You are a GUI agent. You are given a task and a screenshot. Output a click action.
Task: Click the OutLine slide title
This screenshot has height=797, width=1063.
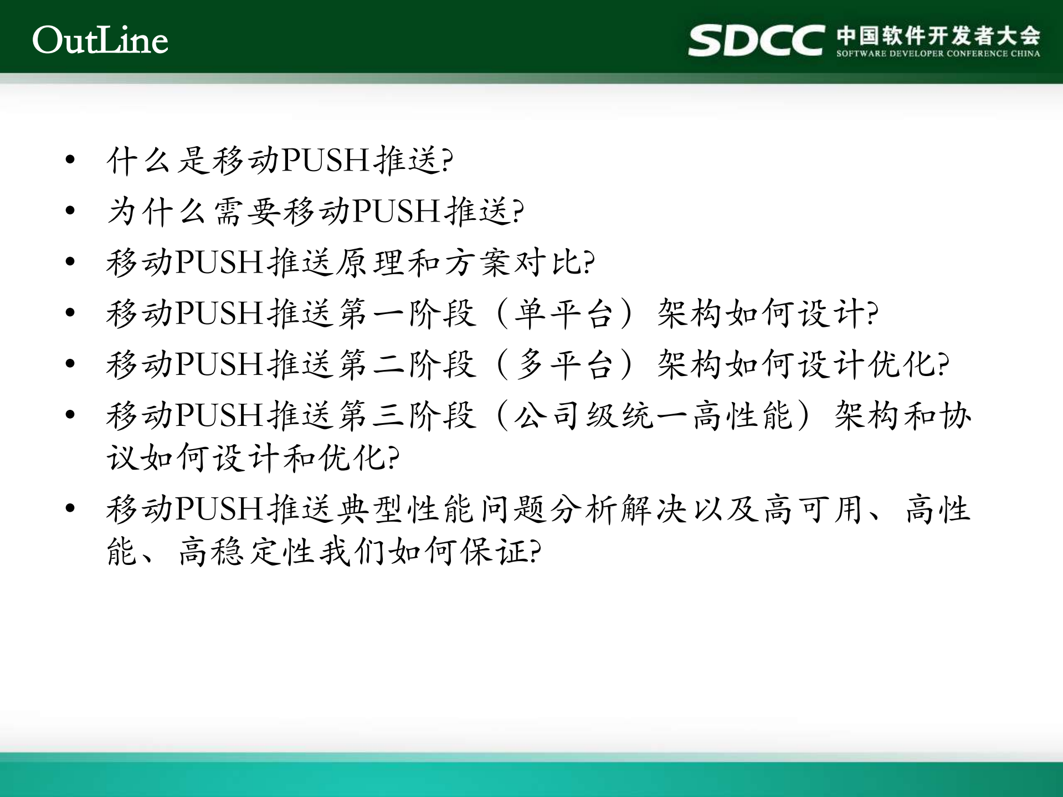click(x=100, y=40)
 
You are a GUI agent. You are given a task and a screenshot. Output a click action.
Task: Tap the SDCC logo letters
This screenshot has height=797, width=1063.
click(x=756, y=40)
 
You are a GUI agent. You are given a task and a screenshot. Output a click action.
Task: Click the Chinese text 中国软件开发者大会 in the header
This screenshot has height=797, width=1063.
click(x=938, y=35)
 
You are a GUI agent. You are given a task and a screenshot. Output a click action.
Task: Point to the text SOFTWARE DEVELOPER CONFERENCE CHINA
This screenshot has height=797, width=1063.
click(x=938, y=54)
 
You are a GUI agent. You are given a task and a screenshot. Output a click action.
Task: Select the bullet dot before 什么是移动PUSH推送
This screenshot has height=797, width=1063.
click(x=70, y=160)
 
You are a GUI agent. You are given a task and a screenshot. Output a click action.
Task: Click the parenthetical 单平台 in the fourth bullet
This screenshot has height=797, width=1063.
click(x=564, y=313)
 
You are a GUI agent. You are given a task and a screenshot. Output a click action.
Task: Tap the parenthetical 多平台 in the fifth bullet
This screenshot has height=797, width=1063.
click(x=564, y=364)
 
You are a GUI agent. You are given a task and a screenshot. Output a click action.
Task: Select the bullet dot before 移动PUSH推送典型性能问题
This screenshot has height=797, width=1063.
click(x=70, y=508)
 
